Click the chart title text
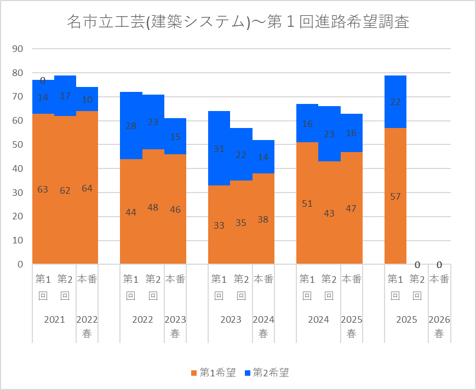(238, 22)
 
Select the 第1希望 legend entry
(213, 372)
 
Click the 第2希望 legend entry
(266, 372)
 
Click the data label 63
(43, 189)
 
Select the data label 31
(219, 149)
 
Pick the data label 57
(395, 196)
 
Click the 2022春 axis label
(87, 327)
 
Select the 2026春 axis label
(439, 327)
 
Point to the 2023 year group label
(230, 319)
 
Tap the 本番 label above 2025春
(351, 279)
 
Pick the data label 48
(153, 207)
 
